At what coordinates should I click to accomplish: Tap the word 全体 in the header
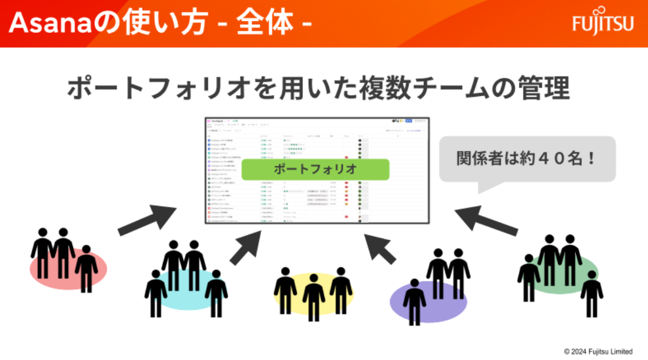click(271, 24)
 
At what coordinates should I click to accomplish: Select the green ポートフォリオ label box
click(316, 169)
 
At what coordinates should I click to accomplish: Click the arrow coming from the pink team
click(146, 219)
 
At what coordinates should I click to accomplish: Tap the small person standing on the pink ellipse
click(86, 268)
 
